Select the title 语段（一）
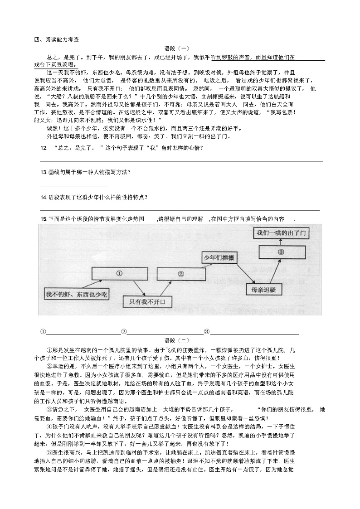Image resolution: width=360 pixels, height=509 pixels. coord(177,48)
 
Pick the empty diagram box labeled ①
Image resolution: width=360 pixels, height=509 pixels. coord(120,274)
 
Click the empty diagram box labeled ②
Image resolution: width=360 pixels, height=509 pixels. coord(181,274)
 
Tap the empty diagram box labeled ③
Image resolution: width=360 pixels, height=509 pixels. coord(281,252)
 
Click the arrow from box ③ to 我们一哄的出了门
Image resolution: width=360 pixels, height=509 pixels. coord(280,242)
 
